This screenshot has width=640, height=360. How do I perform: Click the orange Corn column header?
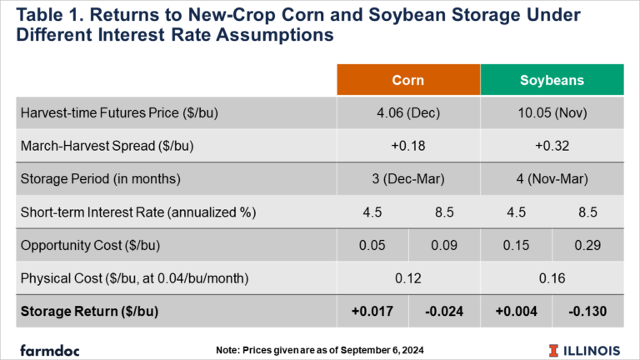408,80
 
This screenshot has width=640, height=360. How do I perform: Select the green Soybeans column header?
552,80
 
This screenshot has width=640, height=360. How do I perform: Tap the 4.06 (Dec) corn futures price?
408,112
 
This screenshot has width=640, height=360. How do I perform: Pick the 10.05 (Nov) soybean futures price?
552,112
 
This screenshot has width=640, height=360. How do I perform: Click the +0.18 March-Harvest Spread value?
408,146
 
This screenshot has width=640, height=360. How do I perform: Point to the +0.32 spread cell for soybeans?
552,146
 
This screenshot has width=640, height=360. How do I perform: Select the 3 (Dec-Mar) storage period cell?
408,179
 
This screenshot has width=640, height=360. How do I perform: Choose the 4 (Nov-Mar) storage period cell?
552,179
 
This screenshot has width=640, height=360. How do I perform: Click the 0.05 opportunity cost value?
372,245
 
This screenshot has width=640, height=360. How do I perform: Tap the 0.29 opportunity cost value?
587,245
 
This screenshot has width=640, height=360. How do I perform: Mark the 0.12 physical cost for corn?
408,278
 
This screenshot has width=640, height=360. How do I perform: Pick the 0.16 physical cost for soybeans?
552,278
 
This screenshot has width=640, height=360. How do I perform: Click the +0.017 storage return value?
372,312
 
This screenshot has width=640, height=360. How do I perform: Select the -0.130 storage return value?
587,312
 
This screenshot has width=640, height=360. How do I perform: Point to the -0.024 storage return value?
444,312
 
